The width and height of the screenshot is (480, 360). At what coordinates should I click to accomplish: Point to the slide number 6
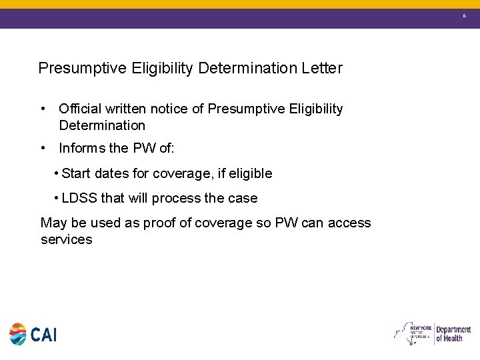465,15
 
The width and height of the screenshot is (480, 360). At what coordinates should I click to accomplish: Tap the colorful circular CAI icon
18,334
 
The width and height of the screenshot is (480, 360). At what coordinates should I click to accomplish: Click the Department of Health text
453,334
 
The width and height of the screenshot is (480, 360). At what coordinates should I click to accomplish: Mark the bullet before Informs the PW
43,148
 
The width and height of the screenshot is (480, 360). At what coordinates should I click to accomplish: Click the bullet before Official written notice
43,109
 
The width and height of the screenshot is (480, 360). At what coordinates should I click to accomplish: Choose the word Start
76,173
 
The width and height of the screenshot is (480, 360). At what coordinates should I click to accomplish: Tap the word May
53,223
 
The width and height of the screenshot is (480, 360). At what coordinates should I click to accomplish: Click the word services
66,239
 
